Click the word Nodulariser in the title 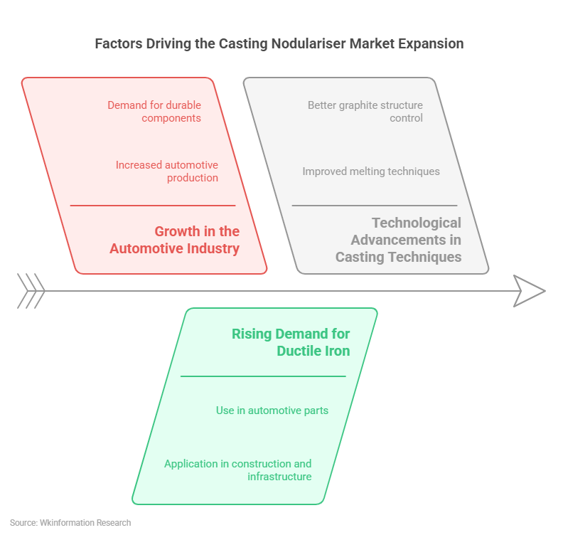point(306,44)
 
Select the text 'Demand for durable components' point(154,112)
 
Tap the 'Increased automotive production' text point(167,171)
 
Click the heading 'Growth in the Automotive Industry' point(175,240)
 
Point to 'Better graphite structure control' point(365,112)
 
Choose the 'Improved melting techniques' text point(370,171)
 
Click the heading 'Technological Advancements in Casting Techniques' point(398,240)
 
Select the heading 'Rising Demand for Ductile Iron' point(291,342)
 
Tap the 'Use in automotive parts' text point(272,411)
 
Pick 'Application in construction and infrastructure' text point(238,470)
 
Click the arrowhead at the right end point(530,291)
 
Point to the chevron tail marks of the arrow point(31,291)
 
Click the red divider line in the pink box point(152,206)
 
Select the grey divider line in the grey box point(374,206)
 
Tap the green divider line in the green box point(263,376)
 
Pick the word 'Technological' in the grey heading point(416,223)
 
